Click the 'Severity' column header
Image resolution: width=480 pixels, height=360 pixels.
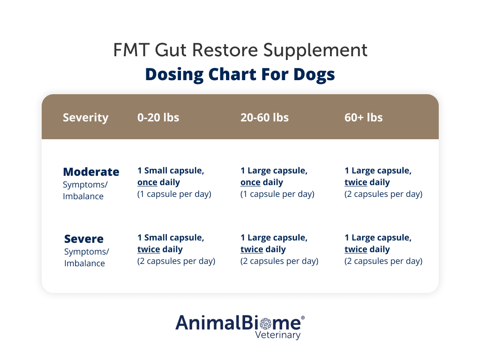85,117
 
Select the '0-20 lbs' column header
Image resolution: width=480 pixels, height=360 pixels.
158,117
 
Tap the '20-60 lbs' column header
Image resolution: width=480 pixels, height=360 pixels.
264,117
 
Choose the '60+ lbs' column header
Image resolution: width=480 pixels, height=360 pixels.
363,117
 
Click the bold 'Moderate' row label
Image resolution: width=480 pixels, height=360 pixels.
91,172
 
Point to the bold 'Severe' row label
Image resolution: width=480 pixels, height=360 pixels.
84,239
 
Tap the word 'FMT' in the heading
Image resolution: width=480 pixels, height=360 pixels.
128,50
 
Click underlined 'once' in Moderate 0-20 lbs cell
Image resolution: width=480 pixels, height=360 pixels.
147,182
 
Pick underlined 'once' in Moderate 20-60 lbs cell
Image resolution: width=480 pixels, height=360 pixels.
250,182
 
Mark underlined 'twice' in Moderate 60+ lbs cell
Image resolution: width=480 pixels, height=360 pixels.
356,182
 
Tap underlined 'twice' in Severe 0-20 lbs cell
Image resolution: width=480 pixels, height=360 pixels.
149,249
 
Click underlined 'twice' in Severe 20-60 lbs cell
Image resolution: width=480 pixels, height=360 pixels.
252,249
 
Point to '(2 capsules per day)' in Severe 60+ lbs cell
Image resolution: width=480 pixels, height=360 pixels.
383,261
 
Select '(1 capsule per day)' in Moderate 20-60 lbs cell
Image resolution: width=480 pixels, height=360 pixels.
277,194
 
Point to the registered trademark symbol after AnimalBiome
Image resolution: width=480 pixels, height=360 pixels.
302,318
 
